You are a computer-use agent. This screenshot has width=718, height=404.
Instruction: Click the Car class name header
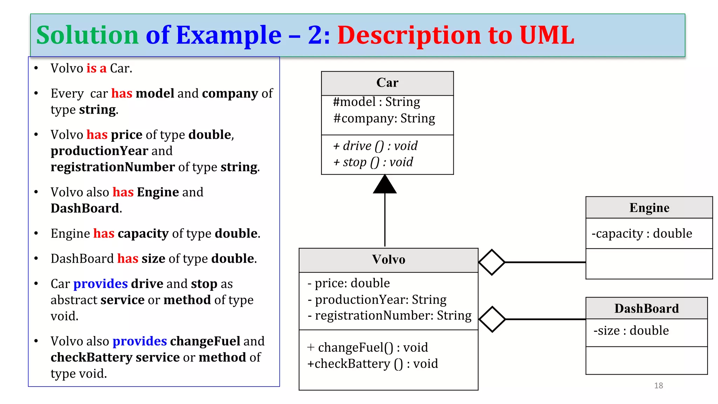click(387, 83)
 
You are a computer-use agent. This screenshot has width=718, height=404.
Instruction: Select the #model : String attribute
click(377, 102)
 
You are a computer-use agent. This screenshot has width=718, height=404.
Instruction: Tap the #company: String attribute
click(384, 119)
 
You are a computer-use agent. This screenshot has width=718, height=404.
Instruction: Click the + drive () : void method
click(375, 146)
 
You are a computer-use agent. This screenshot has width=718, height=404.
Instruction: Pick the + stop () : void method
click(373, 162)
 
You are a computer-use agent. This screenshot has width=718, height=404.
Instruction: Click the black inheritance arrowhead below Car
click(385, 185)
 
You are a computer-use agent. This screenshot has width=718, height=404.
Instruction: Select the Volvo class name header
click(388, 260)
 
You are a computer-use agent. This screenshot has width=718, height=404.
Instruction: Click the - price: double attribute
click(348, 283)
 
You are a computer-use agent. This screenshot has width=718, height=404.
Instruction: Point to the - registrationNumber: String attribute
click(389, 316)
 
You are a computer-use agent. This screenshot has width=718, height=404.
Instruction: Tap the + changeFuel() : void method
click(367, 348)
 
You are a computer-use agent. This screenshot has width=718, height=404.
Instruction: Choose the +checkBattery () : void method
click(372, 364)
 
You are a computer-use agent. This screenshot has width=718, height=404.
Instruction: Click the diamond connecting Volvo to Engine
click(492, 262)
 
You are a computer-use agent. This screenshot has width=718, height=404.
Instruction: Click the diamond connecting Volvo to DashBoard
click(492, 319)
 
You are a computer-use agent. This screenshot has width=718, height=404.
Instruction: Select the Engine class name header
click(649, 208)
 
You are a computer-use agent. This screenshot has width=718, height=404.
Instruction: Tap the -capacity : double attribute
click(642, 234)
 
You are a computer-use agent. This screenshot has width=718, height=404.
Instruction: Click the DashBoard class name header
click(646, 309)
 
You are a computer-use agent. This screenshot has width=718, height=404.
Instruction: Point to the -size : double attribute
click(631, 331)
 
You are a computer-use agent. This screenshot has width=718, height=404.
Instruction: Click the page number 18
click(658, 386)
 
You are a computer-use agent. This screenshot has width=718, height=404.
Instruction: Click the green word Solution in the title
click(88, 35)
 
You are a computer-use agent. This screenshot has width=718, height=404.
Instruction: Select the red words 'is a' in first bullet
click(96, 68)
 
